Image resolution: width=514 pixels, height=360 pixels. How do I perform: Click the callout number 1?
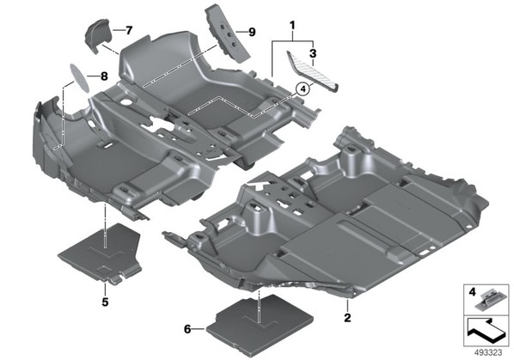pyautogui.click(x=292, y=25)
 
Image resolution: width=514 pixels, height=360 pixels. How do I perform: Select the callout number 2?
pyautogui.click(x=347, y=317)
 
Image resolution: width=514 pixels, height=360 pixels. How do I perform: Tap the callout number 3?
pyautogui.click(x=313, y=53)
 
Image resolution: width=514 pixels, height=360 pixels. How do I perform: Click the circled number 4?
pyautogui.click(x=303, y=88)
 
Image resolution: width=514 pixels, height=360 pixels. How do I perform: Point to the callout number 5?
pyautogui.click(x=105, y=302)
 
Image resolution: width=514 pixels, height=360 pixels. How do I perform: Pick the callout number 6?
pyautogui.click(x=187, y=329)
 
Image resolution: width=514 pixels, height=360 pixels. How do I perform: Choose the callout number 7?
pyautogui.click(x=129, y=30)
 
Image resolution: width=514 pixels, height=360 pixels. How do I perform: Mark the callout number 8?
pyautogui.click(x=104, y=76)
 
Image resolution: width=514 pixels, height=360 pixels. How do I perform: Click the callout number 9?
pyautogui.click(x=252, y=32)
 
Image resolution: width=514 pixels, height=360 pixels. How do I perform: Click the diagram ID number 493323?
pyautogui.click(x=488, y=353)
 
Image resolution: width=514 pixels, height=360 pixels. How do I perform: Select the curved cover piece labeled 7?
pyautogui.click(x=97, y=35)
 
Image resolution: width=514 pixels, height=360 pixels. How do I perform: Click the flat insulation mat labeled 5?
pyautogui.click(x=101, y=253)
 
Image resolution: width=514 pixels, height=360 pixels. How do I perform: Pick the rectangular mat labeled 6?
pyautogui.click(x=260, y=323)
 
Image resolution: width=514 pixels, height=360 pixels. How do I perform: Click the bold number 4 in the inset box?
pyautogui.click(x=472, y=292)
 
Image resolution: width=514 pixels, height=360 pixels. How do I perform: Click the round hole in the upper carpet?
pyautogui.click(x=125, y=102)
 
